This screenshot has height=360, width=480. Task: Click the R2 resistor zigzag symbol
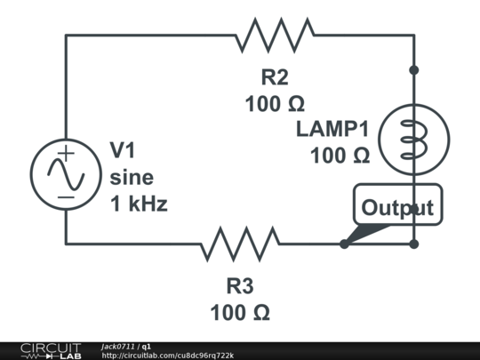(x=275, y=36)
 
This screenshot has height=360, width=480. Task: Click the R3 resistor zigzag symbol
(x=240, y=244)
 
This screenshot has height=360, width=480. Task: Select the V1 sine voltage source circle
(x=66, y=174)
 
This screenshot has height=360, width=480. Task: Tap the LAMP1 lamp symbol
(x=414, y=140)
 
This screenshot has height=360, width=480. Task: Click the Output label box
(x=398, y=204)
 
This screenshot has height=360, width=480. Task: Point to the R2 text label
(x=275, y=77)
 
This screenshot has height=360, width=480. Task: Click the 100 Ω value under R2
(x=275, y=104)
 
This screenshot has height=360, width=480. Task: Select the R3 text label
(x=240, y=286)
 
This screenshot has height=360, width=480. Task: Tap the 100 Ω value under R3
(x=240, y=313)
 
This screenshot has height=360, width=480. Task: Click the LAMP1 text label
(x=332, y=129)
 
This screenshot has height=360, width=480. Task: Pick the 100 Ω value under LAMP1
(x=340, y=156)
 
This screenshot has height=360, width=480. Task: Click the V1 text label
(x=123, y=150)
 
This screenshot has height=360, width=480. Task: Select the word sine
(x=132, y=178)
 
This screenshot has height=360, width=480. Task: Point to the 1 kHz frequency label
(x=139, y=204)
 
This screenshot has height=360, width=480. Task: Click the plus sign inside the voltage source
(x=66, y=153)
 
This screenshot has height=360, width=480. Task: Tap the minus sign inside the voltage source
(x=66, y=197)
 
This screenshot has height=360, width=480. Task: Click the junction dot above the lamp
(x=414, y=70)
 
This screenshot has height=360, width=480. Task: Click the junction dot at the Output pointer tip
(x=344, y=244)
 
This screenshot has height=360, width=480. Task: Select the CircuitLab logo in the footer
(x=51, y=351)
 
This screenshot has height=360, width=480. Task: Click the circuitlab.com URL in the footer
(x=168, y=356)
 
